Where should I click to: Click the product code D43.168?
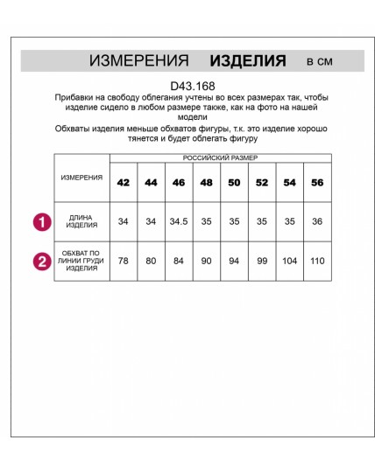(189, 85)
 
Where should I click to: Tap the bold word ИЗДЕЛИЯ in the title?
(248, 61)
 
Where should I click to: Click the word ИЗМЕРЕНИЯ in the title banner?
(139, 61)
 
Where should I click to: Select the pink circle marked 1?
(41, 222)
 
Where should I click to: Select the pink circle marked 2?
(41, 261)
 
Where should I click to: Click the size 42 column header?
(123, 182)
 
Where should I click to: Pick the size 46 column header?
(179, 182)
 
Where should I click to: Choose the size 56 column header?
(317, 182)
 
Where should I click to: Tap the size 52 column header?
(262, 182)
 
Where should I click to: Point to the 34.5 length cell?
(179, 222)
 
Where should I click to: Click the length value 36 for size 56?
(317, 222)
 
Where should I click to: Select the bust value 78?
(123, 261)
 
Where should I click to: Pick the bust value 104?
(289, 261)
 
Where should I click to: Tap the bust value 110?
(317, 261)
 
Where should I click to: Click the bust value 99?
(262, 261)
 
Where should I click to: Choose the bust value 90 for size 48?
(207, 261)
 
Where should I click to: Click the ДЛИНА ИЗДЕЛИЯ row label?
(82, 222)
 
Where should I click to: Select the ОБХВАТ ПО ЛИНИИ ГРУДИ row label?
(82, 261)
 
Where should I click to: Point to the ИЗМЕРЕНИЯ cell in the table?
(82, 177)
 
